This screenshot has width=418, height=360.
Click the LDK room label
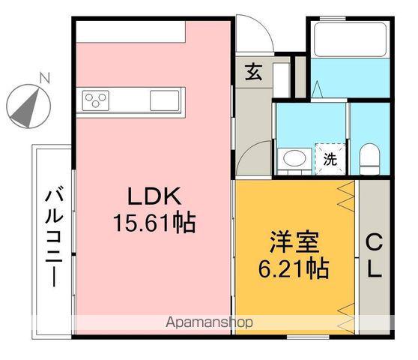(x=154, y=197)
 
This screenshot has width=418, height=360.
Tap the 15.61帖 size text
(x=154, y=223)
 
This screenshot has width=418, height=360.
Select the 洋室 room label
(x=294, y=243)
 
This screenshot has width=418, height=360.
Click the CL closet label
(x=374, y=256)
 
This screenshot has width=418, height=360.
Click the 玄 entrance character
(x=253, y=73)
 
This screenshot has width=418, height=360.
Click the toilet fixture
(x=369, y=158)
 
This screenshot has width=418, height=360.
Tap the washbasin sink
(x=293, y=158)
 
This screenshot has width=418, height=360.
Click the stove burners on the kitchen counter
(x=97, y=99)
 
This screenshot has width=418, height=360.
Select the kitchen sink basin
(x=164, y=99)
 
